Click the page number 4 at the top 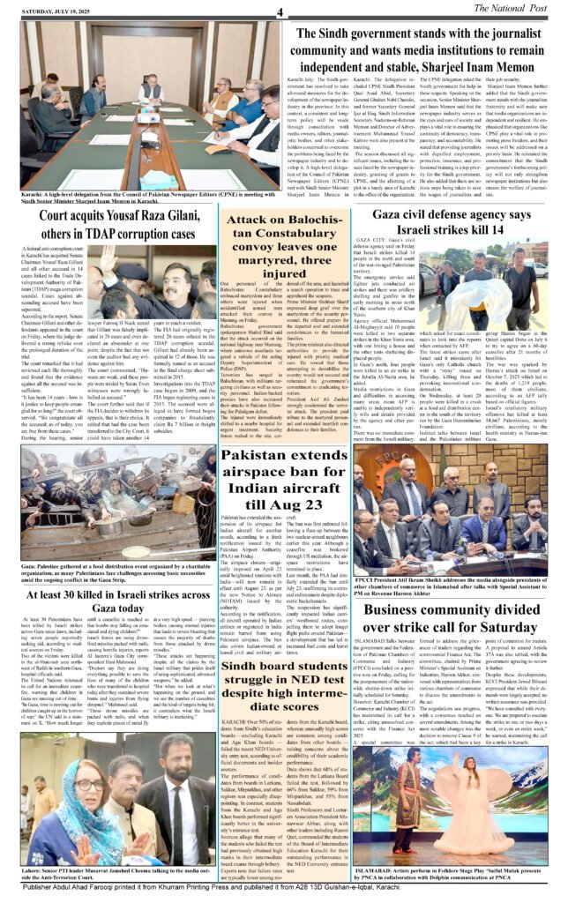point(278,11)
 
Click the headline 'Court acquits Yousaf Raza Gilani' point(108,236)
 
